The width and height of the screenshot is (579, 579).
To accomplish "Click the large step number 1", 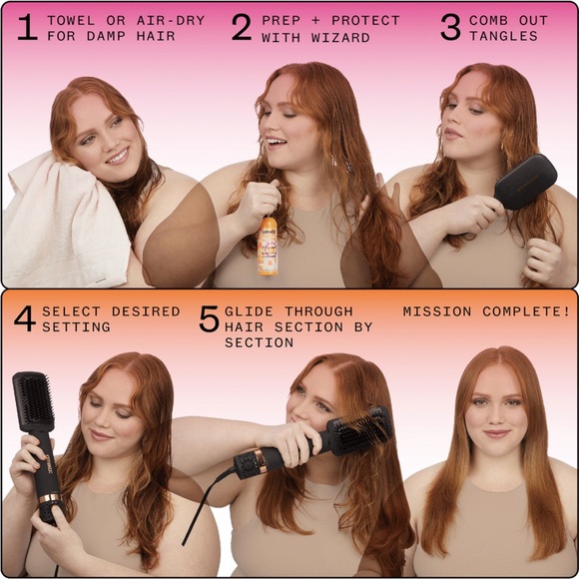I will pos(26,28).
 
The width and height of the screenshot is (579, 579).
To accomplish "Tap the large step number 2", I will pos(242,28).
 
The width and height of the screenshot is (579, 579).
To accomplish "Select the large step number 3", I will pos(451,28).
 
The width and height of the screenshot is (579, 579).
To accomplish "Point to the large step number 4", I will pos(25,318).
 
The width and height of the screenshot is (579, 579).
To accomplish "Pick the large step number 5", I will pos(209,319).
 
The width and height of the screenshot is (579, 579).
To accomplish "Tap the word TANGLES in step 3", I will pos(503,37).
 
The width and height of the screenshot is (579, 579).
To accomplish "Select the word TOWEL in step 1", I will pos(69,20).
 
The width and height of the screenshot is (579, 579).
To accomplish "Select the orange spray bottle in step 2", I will pos(268,246).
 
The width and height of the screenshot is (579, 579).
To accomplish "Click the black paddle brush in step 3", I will pos(526,181).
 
